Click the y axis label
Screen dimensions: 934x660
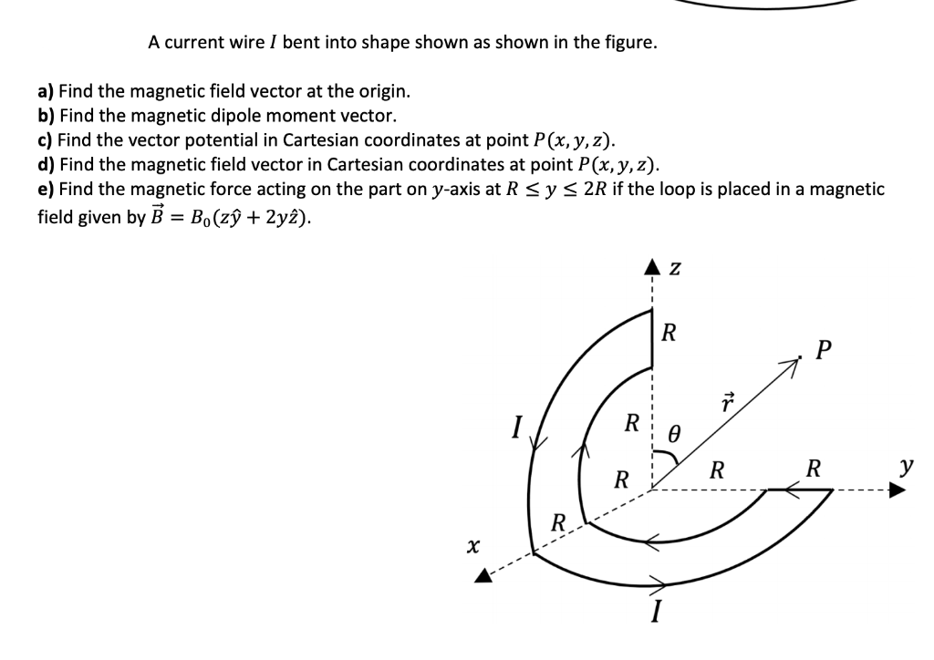(x=906, y=467)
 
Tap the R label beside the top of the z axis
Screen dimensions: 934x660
(x=669, y=332)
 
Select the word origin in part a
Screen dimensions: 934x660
(x=383, y=91)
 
